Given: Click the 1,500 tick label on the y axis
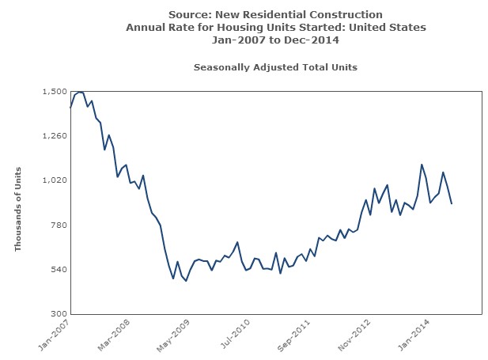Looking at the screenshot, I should point(54,92).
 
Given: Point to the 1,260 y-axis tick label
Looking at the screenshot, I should point(54,136).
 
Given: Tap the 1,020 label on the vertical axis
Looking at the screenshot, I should point(54,180).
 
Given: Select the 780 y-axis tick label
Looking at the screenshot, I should point(58,225).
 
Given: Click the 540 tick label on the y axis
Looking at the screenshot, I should point(58,270).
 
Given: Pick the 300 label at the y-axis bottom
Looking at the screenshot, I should point(58,314).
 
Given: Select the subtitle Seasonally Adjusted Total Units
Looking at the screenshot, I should point(275,67).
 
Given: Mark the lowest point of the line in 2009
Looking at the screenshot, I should point(186,281).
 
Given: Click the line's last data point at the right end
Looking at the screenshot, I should point(452,204).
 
